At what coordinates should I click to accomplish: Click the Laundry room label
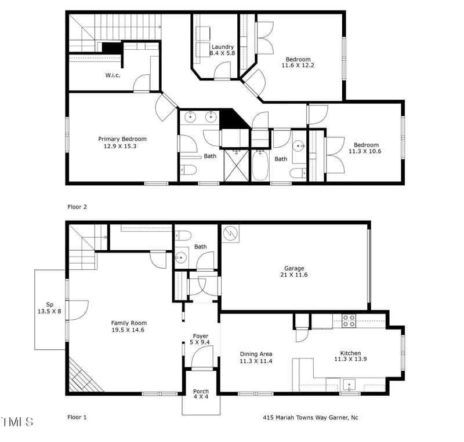[223, 50]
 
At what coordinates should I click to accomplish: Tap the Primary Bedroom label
[122, 143]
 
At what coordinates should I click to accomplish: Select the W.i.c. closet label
[113, 75]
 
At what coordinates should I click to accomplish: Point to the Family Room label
[129, 327]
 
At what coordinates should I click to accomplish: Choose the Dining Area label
[256, 357]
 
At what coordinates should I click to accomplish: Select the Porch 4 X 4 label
[201, 394]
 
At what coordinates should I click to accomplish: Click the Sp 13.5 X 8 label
[49, 308]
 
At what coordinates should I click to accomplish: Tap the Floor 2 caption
[77, 206]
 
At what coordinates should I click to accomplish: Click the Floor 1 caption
[77, 417]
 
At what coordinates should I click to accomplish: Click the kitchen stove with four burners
[349, 320]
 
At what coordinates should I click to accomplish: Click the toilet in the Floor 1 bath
[183, 235]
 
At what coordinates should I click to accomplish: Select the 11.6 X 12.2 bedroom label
[298, 63]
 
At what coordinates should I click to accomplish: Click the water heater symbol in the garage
[231, 233]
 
